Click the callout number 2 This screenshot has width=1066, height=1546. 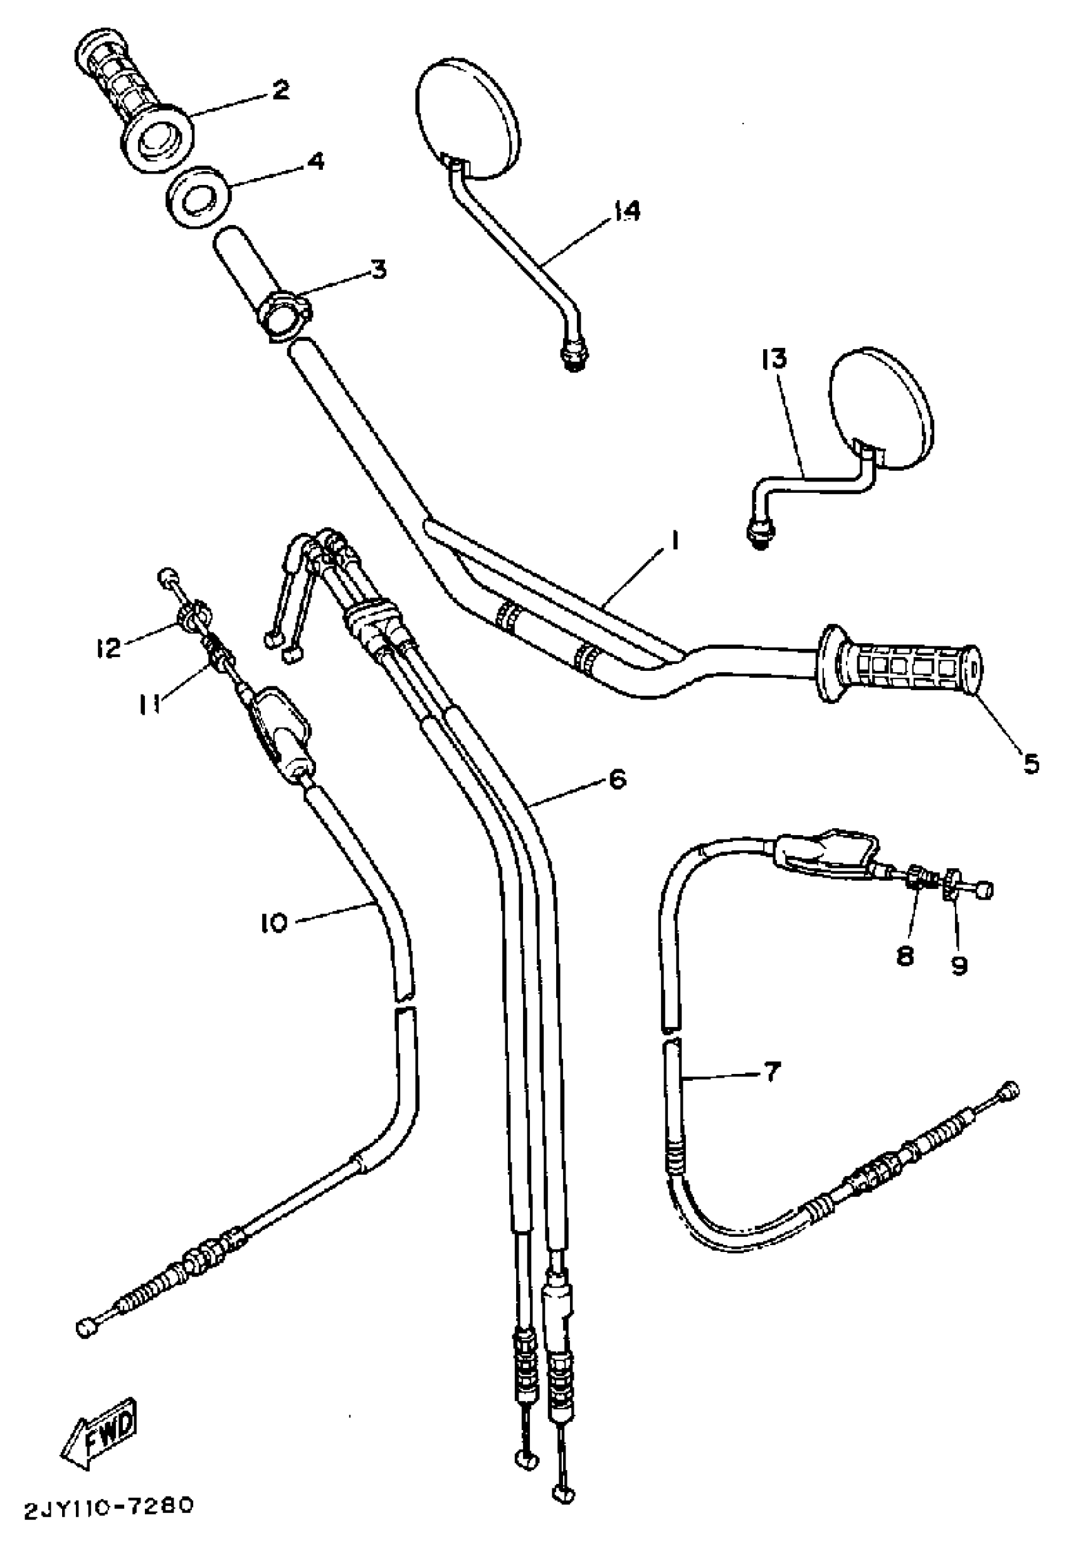(x=281, y=90)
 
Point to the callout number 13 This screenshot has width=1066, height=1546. (x=773, y=359)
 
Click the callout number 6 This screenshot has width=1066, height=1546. (x=618, y=779)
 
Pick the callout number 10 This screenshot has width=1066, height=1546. (x=275, y=923)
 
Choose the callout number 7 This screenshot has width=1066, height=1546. (x=771, y=1073)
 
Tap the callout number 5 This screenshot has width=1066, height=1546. (x=1031, y=764)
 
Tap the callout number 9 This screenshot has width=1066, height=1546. (x=960, y=965)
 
